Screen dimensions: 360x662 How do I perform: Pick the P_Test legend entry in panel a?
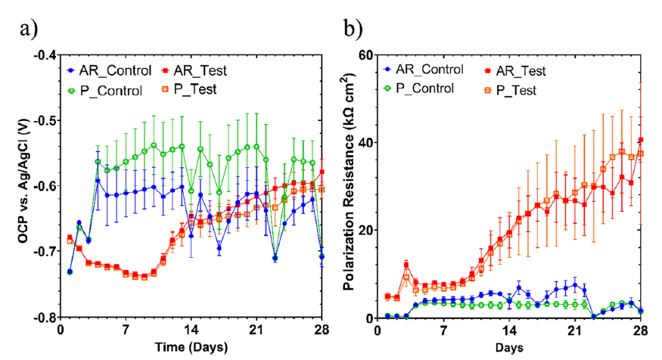click(193, 89)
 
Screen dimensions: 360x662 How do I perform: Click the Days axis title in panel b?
click(508, 348)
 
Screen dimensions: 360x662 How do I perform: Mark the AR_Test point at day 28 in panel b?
click(641, 140)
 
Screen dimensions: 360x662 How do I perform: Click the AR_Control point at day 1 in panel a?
click(70, 272)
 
